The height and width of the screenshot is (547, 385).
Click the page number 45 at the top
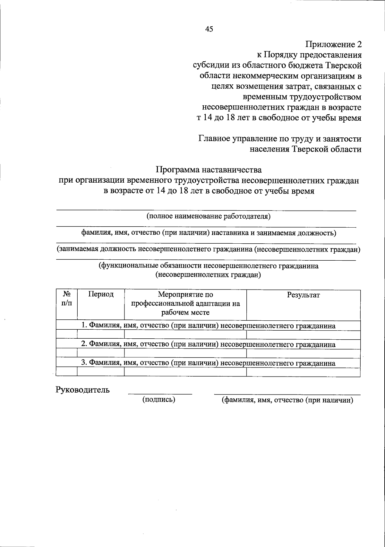click(209, 29)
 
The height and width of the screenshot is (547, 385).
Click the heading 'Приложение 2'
click(333, 44)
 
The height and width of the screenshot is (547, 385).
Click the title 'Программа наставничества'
click(209, 169)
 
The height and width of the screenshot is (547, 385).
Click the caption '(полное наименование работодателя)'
click(209, 216)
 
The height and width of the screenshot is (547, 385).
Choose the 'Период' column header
click(101, 295)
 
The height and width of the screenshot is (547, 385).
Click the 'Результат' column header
click(303, 295)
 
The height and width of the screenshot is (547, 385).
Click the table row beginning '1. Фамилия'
click(208, 326)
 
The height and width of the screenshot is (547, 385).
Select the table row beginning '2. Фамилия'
click(208, 344)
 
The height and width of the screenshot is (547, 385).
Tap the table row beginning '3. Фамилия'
click(208, 363)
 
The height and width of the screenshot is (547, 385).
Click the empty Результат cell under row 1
click(303, 335)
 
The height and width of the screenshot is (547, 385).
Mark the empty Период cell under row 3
click(101, 372)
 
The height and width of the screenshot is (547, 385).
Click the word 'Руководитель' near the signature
click(83, 390)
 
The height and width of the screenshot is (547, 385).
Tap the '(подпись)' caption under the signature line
click(158, 400)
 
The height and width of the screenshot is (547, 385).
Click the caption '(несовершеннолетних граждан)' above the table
click(208, 275)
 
